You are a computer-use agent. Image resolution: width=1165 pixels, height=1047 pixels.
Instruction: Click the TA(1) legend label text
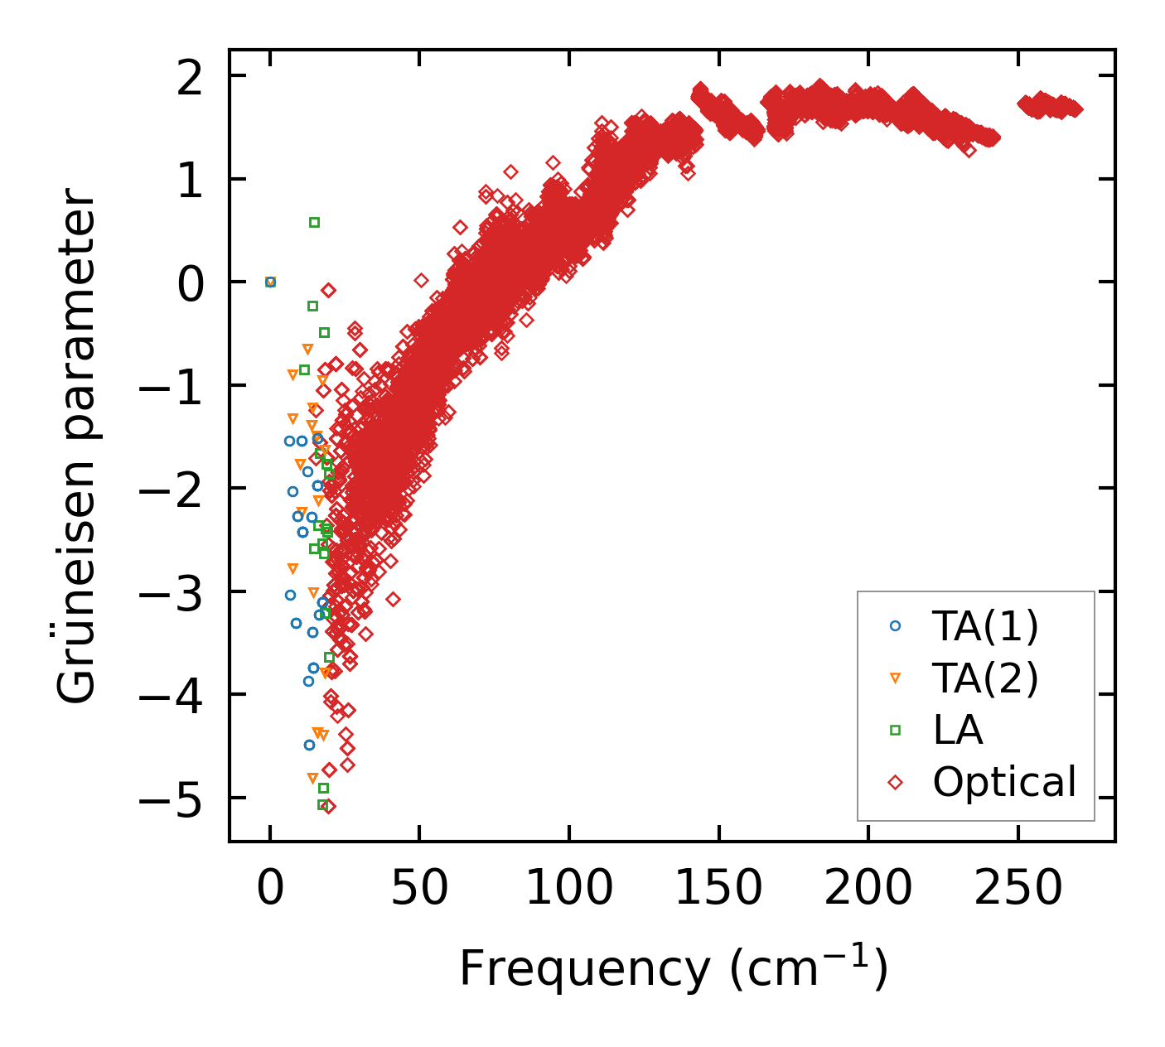pos(985,627)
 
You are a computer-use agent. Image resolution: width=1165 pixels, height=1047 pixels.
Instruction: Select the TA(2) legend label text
pos(985,679)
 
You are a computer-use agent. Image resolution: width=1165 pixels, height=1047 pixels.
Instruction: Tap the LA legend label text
pos(958,731)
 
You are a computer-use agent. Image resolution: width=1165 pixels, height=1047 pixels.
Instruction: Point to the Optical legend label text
pos(1004,782)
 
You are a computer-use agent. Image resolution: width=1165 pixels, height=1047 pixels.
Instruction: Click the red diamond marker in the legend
pos(895,782)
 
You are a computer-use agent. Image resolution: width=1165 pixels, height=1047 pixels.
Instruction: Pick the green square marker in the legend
pos(895,730)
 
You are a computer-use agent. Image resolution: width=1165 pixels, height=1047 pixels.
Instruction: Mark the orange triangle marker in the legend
pos(895,678)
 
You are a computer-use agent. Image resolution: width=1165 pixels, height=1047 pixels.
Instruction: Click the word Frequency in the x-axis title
pos(584,969)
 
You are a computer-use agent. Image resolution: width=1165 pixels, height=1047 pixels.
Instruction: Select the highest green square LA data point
pos(314,222)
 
